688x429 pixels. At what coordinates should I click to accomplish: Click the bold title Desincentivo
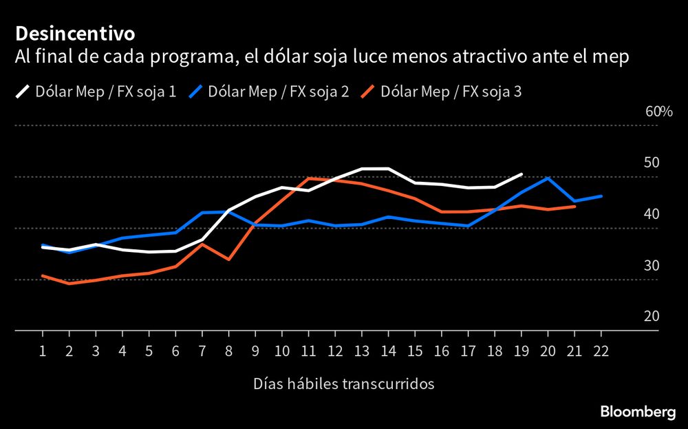click(75, 33)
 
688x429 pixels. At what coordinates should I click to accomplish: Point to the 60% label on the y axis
click(658, 112)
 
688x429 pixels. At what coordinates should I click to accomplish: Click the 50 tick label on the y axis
click(652, 163)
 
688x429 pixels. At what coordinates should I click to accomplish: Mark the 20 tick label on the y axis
click(652, 317)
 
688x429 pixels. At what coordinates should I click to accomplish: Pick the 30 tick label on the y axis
click(652, 266)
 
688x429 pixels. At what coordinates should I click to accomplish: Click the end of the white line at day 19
click(522, 174)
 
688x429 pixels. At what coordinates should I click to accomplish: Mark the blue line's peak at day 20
click(548, 178)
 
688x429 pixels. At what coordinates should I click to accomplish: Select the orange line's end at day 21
click(574, 206)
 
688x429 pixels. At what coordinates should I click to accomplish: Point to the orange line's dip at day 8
click(228, 260)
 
